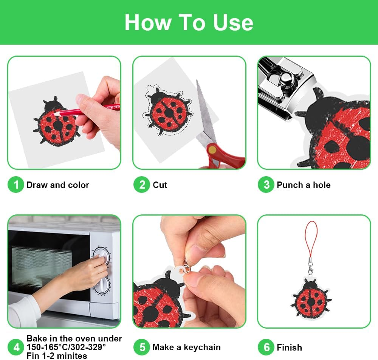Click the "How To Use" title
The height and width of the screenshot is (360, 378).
(x=189, y=22)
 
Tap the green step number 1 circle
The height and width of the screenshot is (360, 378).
(x=16, y=185)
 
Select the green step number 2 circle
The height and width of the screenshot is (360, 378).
(x=142, y=185)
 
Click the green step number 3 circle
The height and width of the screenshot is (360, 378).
(x=266, y=185)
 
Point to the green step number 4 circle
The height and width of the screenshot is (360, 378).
(x=16, y=347)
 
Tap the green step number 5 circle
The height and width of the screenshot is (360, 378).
(x=142, y=347)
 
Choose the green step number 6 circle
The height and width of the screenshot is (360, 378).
(x=266, y=347)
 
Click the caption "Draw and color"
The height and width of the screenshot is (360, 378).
(x=58, y=185)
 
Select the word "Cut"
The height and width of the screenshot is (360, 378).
(x=160, y=185)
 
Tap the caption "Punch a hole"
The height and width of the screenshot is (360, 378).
(x=304, y=185)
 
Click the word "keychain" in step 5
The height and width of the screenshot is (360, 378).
(x=202, y=347)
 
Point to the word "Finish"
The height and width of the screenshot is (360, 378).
(x=289, y=348)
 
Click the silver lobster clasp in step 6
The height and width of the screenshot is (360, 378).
(x=310, y=267)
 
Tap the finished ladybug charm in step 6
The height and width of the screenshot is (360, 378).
(x=311, y=298)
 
